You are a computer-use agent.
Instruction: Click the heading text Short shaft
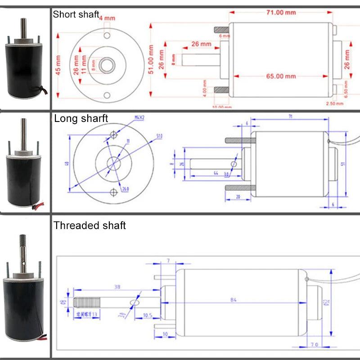pos(76,14)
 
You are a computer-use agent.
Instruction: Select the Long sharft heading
pos(81,119)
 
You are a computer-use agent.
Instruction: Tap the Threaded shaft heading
pos(90,225)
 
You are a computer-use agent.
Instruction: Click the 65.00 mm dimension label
pos(280,76)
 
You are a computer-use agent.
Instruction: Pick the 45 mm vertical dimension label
pos(58,65)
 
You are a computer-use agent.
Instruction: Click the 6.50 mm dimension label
pos(346,88)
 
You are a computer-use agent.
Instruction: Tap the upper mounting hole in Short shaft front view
pos(107,36)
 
